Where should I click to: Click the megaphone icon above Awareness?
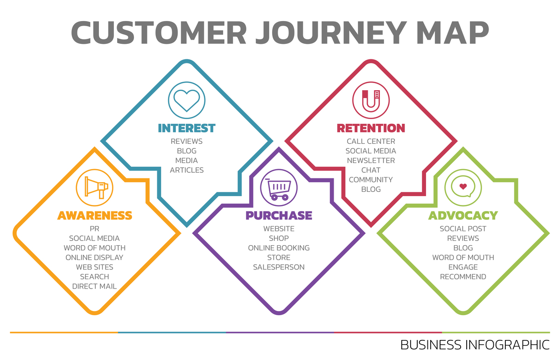point(95,188)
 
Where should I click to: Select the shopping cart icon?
point(279,188)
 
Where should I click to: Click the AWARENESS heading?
point(95,215)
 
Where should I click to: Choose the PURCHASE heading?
point(279,215)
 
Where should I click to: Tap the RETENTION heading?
point(371,128)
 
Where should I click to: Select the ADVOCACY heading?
point(463,215)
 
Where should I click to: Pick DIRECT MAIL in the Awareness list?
point(94,286)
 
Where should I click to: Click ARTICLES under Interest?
point(187,170)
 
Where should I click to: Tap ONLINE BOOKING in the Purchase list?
point(279,248)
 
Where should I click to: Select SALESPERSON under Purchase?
point(279,267)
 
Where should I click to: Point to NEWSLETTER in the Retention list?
point(371,161)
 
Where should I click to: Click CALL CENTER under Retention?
point(371,141)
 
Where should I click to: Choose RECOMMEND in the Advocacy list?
point(463,277)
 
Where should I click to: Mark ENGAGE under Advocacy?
point(463,267)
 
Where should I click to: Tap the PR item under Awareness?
point(95,229)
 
